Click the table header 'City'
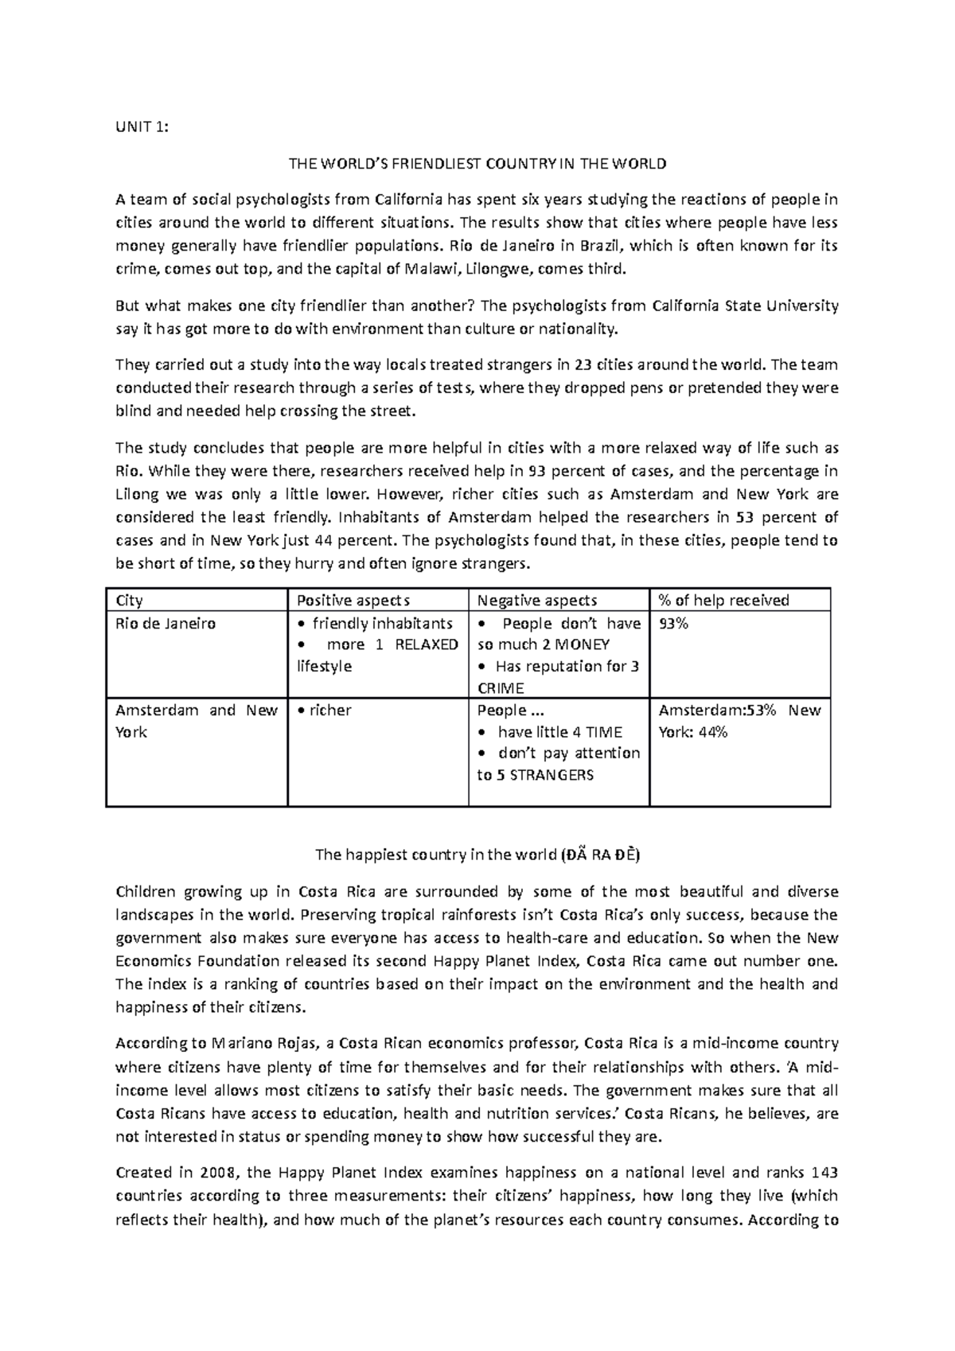[130, 600]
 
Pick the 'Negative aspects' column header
[537, 600]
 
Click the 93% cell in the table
[672, 623]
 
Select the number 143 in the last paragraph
[824, 1172]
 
